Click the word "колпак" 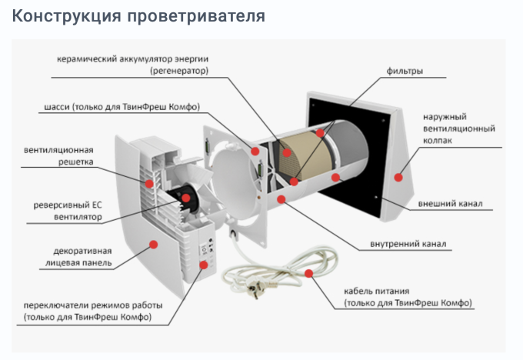(436, 141)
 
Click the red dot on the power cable (308, 272)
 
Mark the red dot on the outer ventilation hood (398, 177)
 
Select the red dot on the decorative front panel (154, 244)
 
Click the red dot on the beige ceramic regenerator (287, 152)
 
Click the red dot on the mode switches (203, 265)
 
